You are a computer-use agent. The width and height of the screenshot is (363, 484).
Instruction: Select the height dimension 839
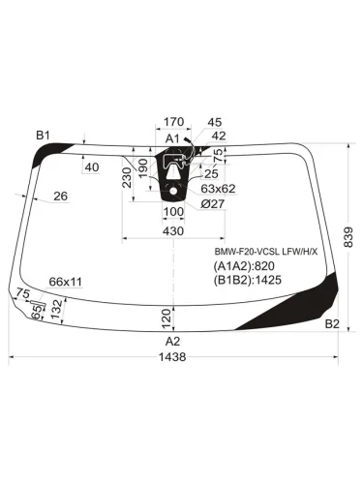347,235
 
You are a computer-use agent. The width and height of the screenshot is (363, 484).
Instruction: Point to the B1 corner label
43,135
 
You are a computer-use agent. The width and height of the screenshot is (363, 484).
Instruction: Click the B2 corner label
332,322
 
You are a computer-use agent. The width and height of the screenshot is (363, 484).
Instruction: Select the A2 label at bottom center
172,341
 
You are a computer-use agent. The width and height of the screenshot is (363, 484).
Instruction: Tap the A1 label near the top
172,139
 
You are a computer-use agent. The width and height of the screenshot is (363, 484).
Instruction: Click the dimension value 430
172,232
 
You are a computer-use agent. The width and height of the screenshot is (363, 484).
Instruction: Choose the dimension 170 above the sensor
173,122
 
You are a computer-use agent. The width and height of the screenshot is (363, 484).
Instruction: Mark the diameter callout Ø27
214,203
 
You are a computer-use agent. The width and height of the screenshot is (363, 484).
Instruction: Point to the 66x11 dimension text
66,281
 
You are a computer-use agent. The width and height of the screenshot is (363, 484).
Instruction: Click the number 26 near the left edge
61,197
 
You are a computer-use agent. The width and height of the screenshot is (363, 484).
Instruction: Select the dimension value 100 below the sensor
172,211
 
